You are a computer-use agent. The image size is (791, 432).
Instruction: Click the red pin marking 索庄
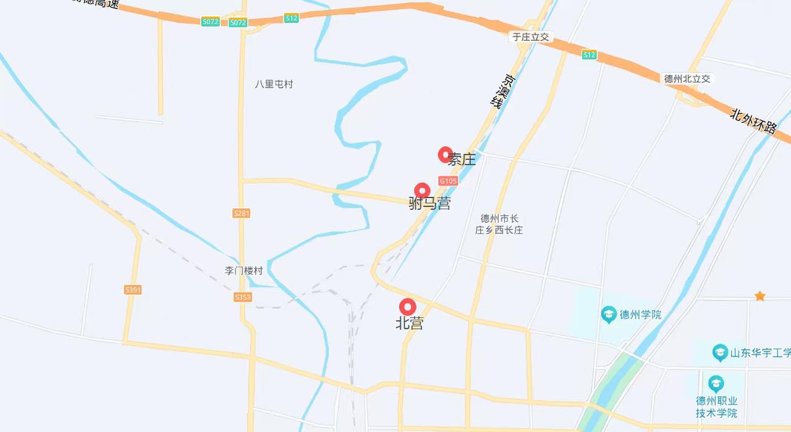point(445,154)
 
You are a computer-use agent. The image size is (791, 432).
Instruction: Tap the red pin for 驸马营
point(422,190)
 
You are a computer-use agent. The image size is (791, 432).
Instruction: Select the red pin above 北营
point(407,306)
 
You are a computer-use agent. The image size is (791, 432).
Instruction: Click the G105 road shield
point(448,181)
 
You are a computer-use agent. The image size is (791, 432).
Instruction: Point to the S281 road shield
point(242,213)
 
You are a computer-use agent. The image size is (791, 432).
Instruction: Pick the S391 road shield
point(133,289)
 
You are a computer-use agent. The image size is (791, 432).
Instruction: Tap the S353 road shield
point(243,297)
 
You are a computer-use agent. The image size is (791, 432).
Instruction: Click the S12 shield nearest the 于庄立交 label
point(590,55)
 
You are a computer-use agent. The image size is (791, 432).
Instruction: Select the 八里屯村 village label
point(274,84)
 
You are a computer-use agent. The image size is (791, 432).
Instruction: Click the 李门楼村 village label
point(243,270)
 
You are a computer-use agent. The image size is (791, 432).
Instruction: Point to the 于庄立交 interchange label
point(530,37)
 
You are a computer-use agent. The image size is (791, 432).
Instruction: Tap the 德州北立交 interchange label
point(687,78)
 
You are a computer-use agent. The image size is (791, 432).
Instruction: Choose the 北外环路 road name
point(753,121)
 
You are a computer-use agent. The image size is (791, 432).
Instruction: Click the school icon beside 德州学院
point(609,315)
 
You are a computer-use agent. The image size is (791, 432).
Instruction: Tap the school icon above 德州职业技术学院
point(716,383)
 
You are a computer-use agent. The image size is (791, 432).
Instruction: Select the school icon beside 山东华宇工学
point(720,352)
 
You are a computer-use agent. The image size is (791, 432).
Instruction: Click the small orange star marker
point(759,296)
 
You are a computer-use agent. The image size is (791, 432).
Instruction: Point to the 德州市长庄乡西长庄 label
point(499,224)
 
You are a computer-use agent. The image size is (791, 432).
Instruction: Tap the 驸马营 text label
point(430,204)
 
